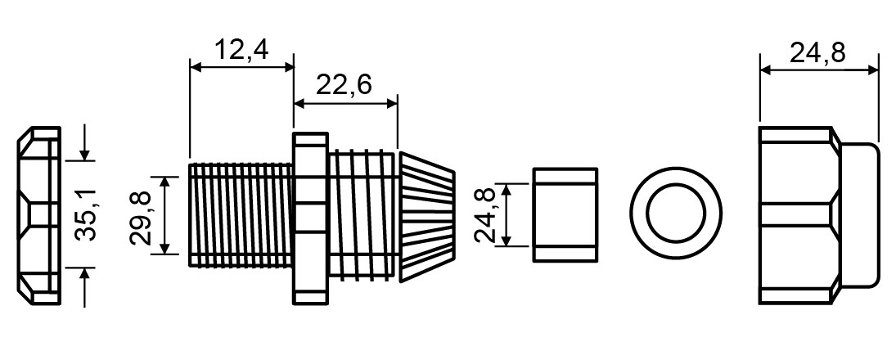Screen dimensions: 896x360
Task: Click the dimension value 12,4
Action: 241,50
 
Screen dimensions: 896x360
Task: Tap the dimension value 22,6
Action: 344,85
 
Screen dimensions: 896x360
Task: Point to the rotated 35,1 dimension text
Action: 86,214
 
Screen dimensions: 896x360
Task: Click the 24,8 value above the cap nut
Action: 817,53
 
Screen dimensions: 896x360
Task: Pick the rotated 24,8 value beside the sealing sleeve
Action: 486,215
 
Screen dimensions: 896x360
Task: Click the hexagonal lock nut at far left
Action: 38,215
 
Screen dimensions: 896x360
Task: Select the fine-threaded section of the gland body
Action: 241,215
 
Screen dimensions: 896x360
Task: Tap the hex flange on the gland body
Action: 311,218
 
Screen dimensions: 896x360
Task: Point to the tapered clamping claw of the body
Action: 427,217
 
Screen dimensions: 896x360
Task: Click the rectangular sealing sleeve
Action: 565,215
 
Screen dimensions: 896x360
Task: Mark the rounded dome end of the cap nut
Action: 860,215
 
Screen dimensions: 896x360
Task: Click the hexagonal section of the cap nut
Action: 799,215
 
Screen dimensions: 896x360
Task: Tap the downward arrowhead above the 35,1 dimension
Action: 84,154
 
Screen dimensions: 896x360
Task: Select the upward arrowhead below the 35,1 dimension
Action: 84,274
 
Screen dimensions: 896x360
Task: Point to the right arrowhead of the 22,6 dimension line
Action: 391,103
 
